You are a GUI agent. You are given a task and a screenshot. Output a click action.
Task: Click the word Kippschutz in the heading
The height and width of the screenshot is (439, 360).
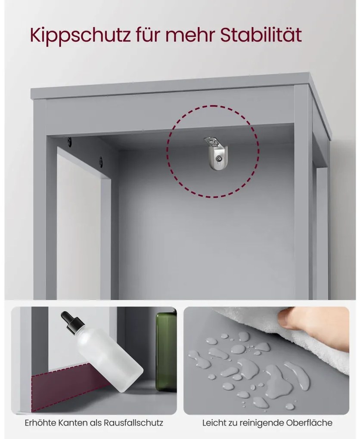pos(81,36)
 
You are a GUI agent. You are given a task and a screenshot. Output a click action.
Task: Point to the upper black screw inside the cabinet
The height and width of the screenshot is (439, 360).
pos(69,142)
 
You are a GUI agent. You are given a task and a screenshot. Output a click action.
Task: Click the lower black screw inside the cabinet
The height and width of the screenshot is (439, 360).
pos(101,161)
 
